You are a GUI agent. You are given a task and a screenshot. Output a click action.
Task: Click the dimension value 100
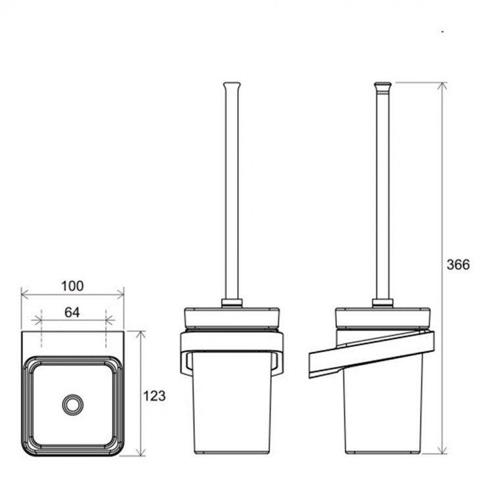coord(72,286)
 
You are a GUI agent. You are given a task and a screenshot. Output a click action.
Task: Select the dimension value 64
coord(72,312)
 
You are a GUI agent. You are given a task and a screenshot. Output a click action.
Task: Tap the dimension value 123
coord(155,396)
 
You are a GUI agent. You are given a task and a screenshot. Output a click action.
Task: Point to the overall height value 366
coord(459,265)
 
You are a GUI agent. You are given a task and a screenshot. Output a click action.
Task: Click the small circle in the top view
coord(73,404)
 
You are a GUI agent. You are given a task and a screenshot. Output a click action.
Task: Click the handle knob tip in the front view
coord(232,85)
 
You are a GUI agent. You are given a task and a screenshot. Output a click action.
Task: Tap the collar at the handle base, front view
coord(232,303)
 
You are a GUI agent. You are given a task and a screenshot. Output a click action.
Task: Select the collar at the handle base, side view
coord(382,303)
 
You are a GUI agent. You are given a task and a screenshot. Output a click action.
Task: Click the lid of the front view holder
coord(232,317)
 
